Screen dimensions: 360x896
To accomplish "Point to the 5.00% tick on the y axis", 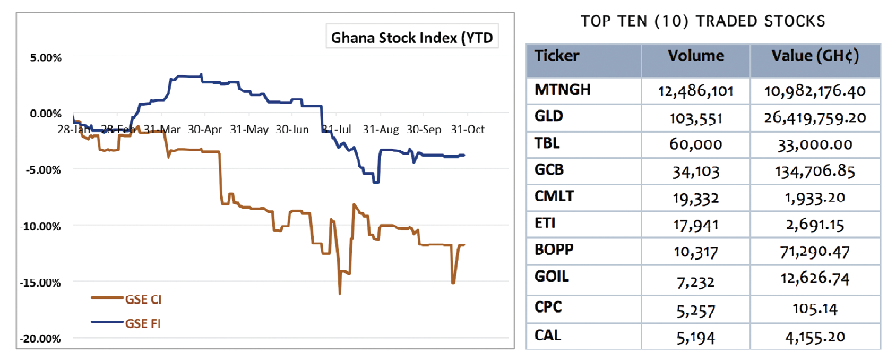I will [x=41, y=57].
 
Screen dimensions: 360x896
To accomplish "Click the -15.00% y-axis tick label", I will [x=39, y=282].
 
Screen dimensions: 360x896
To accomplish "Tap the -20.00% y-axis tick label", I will [x=39, y=339].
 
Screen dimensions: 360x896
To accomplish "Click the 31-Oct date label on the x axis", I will [x=467, y=129].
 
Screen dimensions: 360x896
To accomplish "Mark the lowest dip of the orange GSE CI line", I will [x=340, y=293].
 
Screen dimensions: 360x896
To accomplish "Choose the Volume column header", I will [x=696, y=56].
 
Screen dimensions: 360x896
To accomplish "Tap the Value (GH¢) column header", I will [x=816, y=56].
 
